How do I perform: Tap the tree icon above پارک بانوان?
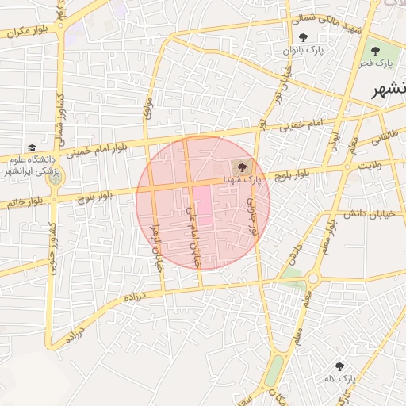(x=303, y=36)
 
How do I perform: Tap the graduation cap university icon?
(x=32, y=148)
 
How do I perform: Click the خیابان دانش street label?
(x=370, y=214)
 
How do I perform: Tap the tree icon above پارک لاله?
(x=340, y=366)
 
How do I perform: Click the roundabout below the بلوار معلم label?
(x=313, y=278)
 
